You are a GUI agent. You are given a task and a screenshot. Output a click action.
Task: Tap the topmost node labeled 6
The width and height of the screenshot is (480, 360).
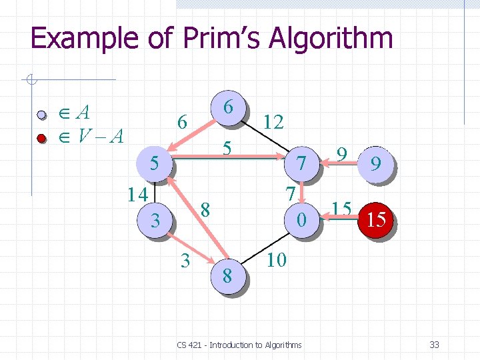coord(228,107)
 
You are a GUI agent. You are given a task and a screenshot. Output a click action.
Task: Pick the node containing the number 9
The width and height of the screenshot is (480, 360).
coord(376,164)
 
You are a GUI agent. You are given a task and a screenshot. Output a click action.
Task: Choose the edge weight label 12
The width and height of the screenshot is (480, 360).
coord(273,121)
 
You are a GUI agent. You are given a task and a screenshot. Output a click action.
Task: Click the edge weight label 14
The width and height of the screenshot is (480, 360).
coord(139,195)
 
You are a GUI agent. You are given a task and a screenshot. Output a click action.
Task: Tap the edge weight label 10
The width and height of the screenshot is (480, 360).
coord(276,259)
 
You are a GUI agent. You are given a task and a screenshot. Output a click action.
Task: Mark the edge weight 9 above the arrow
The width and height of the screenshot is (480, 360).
coord(341,154)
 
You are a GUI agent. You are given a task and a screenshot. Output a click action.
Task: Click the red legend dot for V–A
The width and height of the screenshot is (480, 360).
coord(41,138)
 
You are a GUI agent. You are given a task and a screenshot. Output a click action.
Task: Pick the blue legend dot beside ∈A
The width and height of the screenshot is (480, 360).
coord(41,115)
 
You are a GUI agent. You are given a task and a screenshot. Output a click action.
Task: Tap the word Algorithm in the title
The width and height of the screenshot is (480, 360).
coord(331,39)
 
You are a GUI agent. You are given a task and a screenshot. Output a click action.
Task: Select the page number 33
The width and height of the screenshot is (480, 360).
coord(434,345)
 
